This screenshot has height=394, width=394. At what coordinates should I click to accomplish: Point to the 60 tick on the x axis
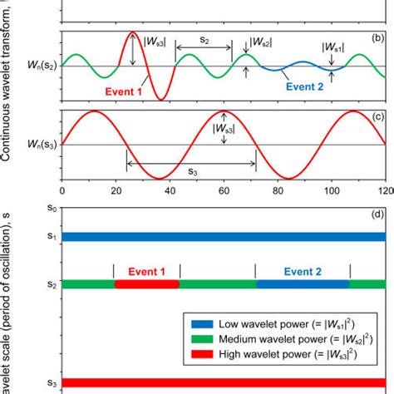[224, 190]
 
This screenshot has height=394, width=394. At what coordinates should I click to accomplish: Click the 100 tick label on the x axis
[332, 190]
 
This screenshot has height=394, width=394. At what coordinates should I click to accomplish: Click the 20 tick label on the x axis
[116, 190]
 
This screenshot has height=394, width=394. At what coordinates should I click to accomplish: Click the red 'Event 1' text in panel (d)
[146, 271]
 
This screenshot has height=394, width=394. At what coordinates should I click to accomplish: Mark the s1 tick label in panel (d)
[52, 237]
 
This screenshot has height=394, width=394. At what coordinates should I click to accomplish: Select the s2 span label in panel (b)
[204, 39]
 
